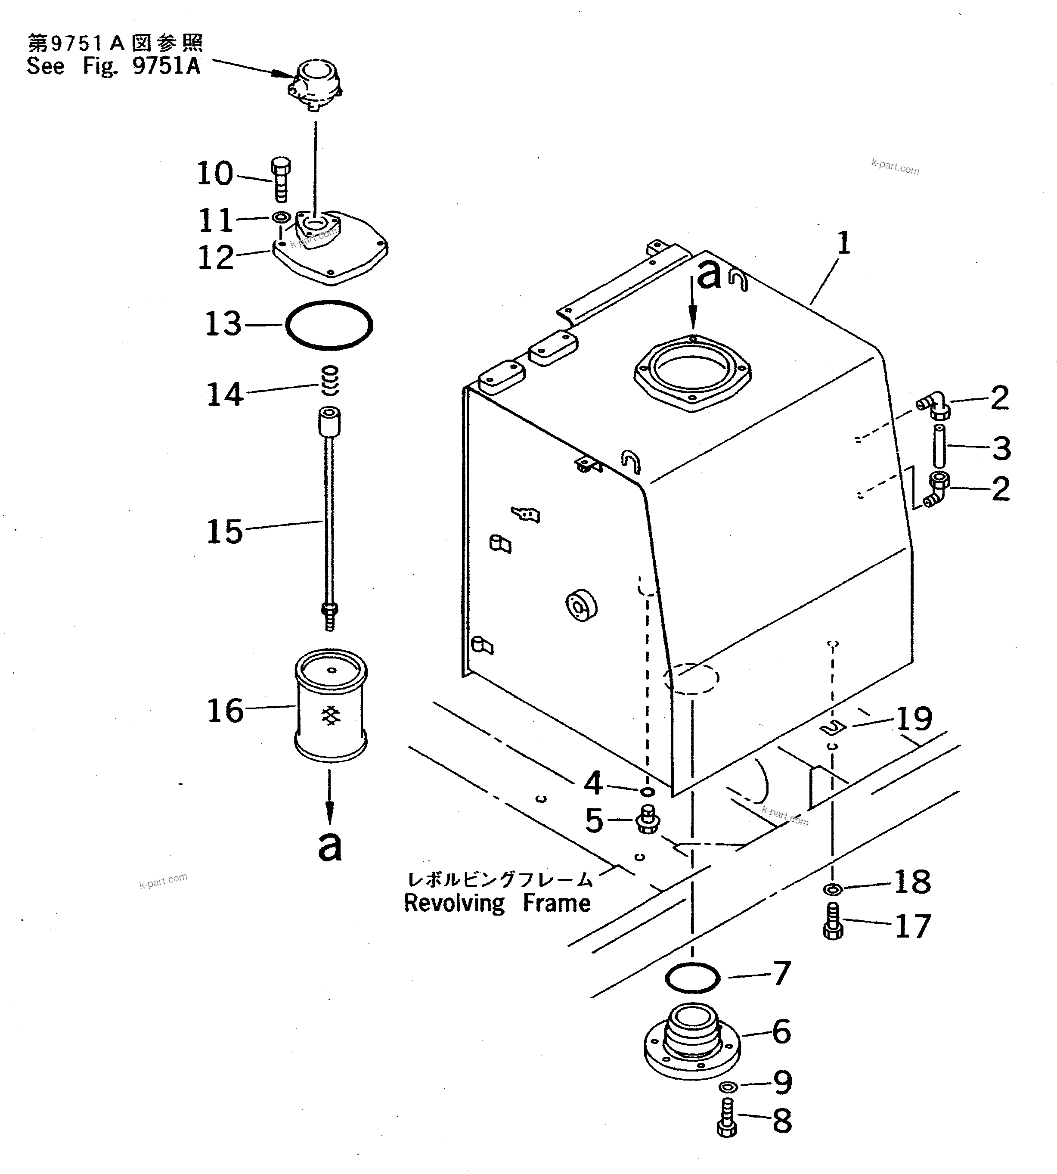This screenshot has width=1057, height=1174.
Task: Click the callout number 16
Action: point(225,711)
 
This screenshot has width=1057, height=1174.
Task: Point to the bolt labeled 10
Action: point(281,178)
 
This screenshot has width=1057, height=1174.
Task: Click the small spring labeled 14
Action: point(330,380)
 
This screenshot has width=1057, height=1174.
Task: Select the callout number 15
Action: point(224,531)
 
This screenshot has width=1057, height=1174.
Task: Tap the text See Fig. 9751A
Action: point(113,65)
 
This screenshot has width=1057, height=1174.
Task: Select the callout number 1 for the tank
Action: point(844,243)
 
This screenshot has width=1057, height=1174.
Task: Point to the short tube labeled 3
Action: point(939,446)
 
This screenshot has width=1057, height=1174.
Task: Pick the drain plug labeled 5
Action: point(648,820)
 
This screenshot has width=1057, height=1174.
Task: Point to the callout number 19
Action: point(914,719)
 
